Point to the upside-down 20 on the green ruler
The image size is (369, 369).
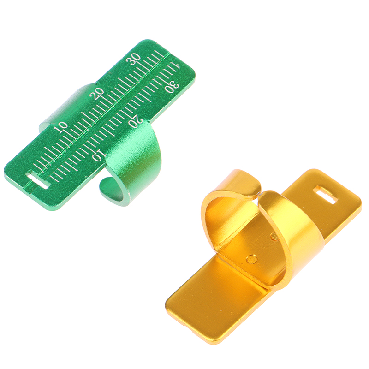(x=136, y=121)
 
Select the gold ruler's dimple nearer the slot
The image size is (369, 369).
(x=274, y=237)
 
